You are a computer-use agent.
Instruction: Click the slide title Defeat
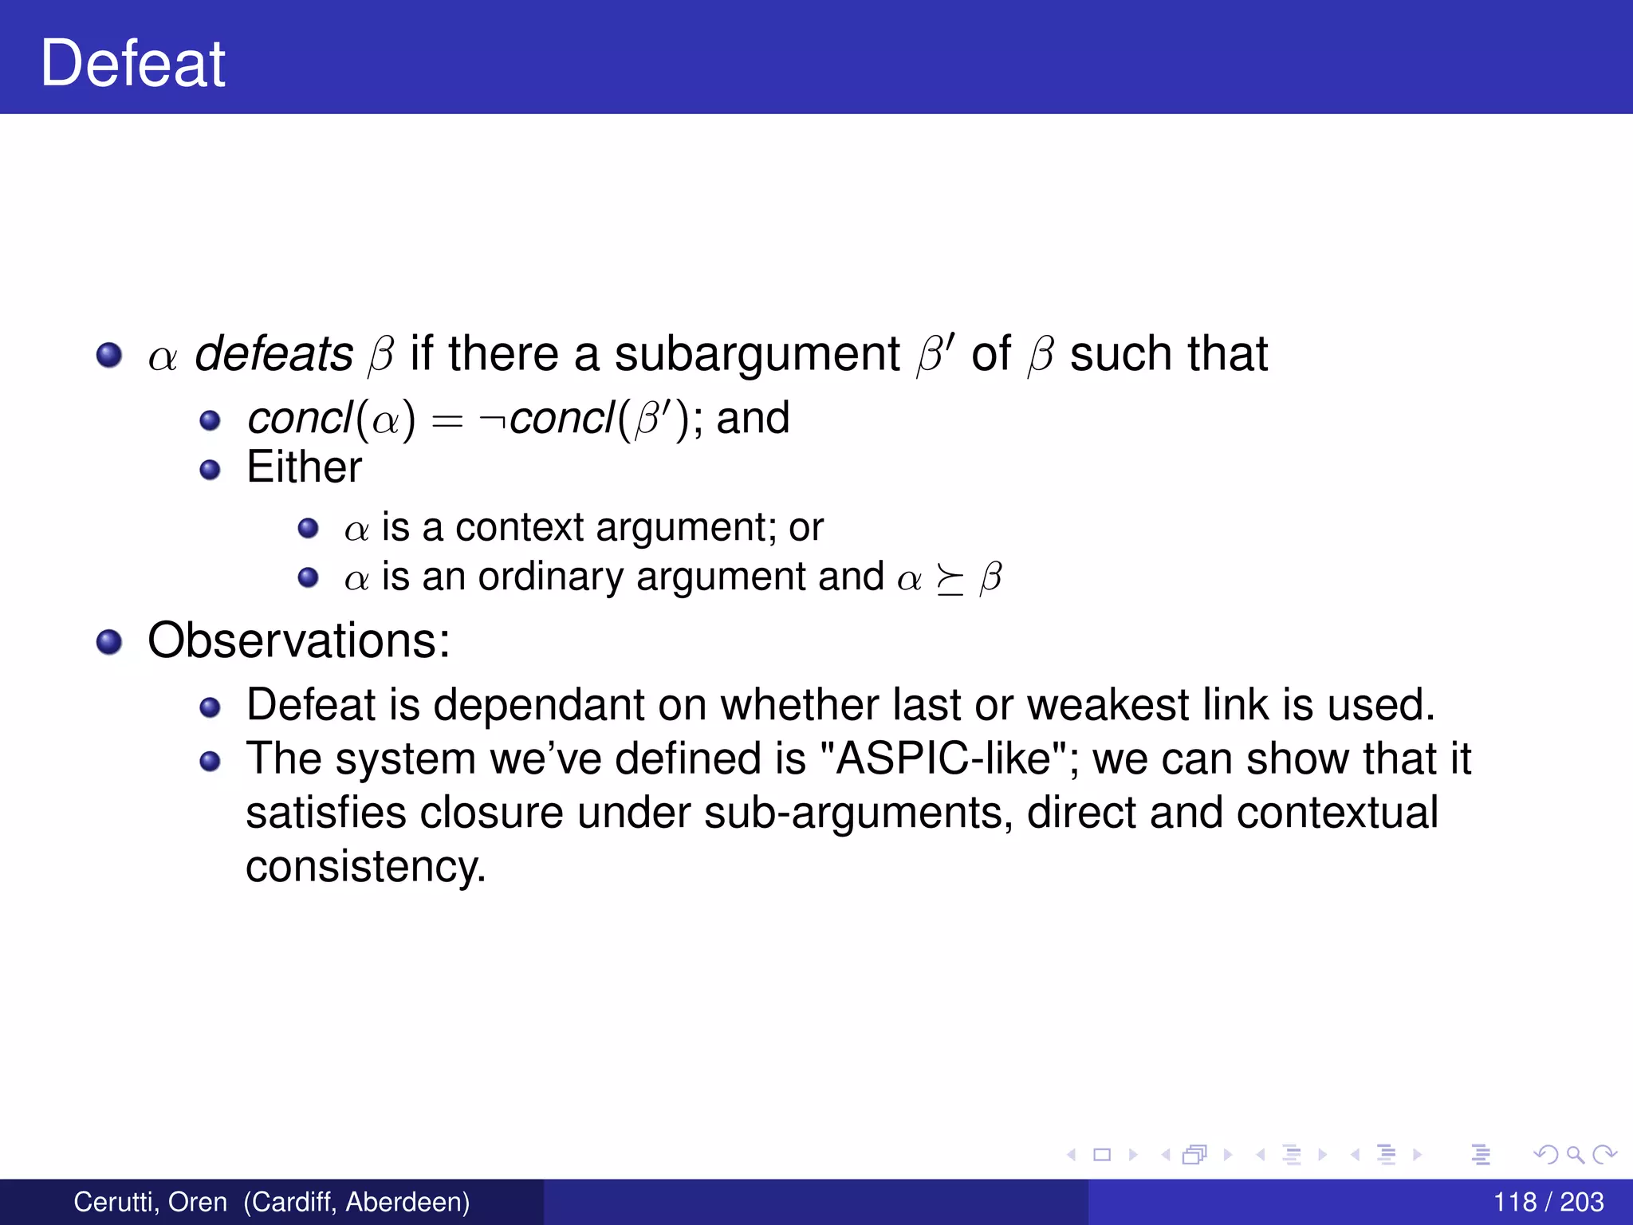pyautogui.click(x=133, y=64)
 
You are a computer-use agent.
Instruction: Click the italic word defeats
pyautogui.click(x=273, y=354)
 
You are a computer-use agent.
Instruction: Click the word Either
pyautogui.click(x=304, y=467)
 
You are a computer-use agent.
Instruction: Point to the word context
pyautogui.click(x=519, y=528)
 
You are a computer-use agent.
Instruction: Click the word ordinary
pyautogui.click(x=550, y=577)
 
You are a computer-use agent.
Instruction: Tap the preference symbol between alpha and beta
pyautogui.click(x=949, y=580)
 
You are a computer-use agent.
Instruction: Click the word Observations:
pyautogui.click(x=299, y=640)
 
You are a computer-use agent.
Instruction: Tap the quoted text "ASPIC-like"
pyautogui.click(x=944, y=758)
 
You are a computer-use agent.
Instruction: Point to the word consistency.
pyautogui.click(x=365, y=868)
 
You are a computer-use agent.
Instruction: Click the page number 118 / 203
pyautogui.click(x=1548, y=1202)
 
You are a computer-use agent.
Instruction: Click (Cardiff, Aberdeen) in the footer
pyautogui.click(x=356, y=1202)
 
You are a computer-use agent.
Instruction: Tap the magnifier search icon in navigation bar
pyautogui.click(x=1575, y=1154)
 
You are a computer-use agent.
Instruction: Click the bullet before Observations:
pyautogui.click(x=108, y=641)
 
